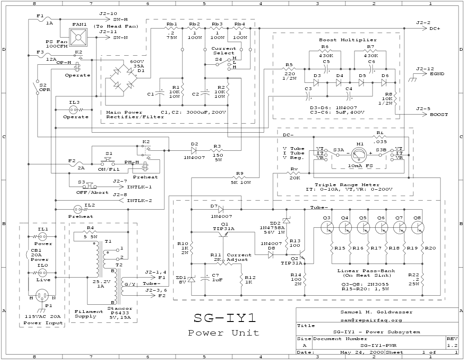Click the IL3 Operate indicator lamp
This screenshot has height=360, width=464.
[x=74, y=110]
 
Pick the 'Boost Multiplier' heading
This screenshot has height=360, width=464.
[x=348, y=40]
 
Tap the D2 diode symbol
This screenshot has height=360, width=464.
[x=195, y=150]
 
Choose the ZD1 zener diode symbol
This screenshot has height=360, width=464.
[x=191, y=279]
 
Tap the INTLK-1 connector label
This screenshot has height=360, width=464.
[x=139, y=186]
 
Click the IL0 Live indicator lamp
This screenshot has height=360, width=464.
[x=42, y=273]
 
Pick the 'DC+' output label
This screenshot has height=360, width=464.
[x=435, y=28]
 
